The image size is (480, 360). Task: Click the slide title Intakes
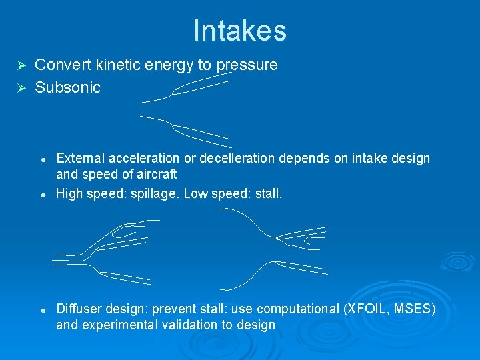click(x=240, y=31)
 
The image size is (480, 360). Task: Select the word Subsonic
click(x=67, y=87)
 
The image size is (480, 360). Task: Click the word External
click(x=79, y=158)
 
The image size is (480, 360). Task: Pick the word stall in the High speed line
click(x=268, y=194)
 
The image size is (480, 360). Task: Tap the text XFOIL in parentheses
click(x=365, y=309)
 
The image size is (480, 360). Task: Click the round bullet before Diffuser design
click(x=43, y=310)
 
